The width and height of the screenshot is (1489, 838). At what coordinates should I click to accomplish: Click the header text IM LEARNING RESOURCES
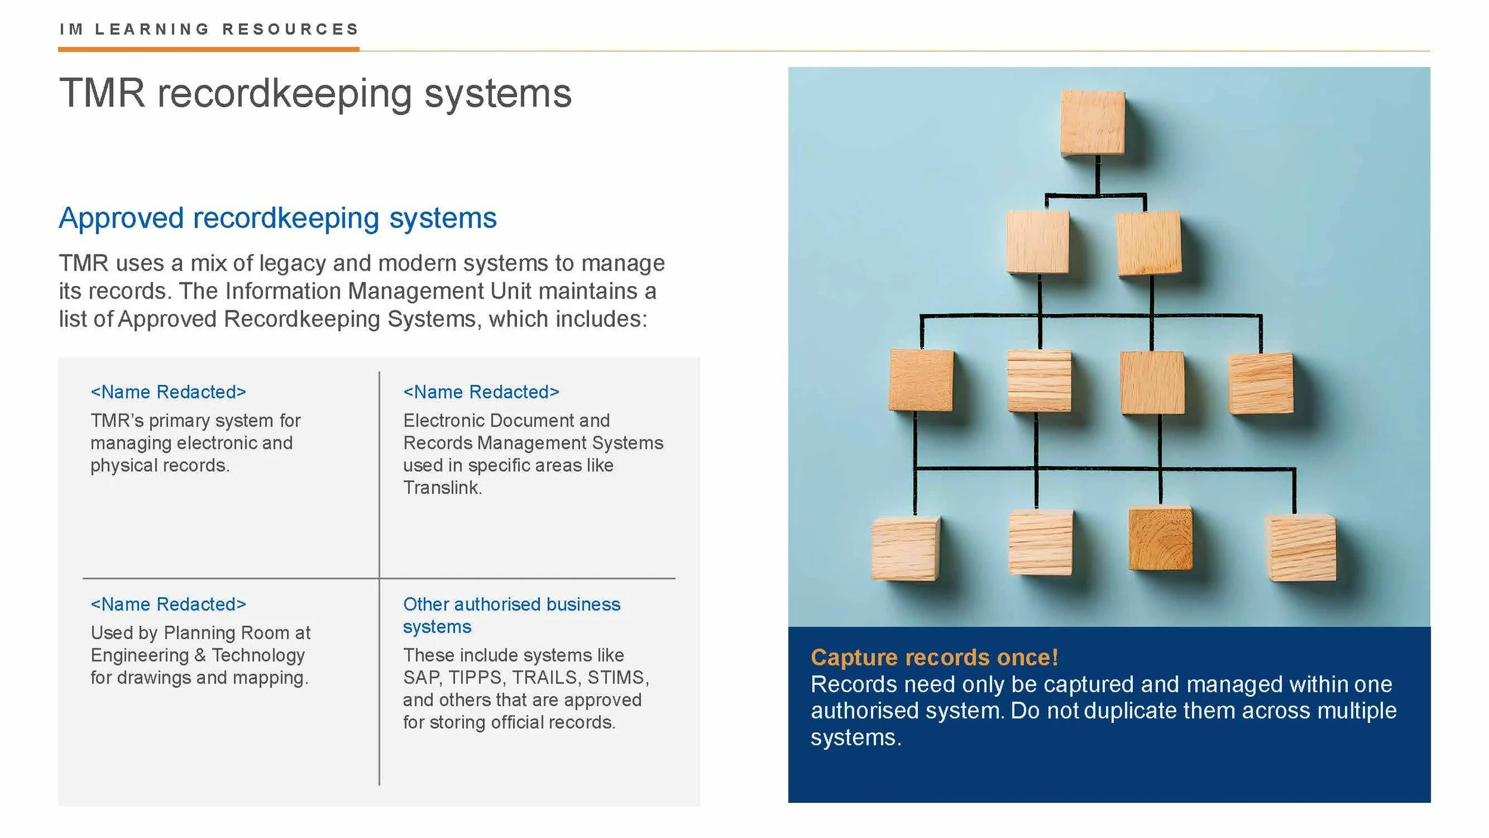[209, 29]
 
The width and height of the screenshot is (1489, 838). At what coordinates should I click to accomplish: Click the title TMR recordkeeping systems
[315, 94]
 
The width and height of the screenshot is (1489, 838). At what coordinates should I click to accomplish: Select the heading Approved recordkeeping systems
[278, 218]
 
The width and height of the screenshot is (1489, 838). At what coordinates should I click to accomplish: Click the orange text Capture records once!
[934, 657]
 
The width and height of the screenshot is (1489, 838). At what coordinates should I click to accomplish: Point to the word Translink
[441, 488]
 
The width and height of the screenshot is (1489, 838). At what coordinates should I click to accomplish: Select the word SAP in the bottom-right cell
[421, 678]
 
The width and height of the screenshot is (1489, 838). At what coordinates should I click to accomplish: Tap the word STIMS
[617, 678]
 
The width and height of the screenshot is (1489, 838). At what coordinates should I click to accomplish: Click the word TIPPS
[475, 678]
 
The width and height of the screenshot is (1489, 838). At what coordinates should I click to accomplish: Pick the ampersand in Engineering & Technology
[200, 655]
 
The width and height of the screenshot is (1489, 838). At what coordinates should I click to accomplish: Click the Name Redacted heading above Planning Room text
[168, 604]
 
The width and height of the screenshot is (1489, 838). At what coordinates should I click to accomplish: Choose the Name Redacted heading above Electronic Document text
[481, 392]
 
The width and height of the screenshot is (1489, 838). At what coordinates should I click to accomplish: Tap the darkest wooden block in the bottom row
[1160, 538]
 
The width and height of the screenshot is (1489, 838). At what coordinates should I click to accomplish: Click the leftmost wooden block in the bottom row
[904, 548]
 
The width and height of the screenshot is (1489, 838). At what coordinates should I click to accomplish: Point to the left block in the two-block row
[1038, 242]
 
